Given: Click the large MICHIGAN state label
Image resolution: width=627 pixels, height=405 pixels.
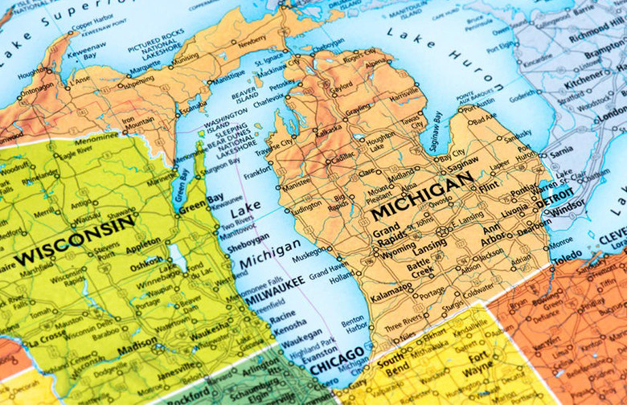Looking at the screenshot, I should (x=421, y=198).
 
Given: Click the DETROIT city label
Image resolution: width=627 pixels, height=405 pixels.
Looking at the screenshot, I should (x=557, y=197).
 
